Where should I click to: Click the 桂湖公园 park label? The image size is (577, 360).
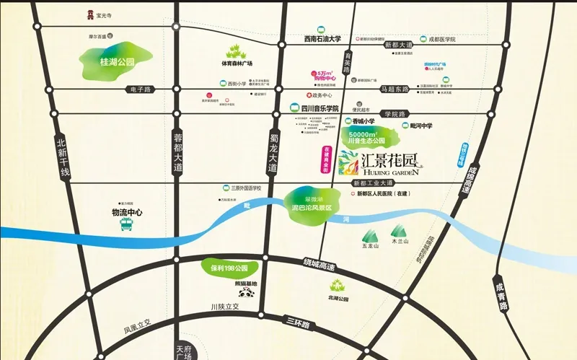pyautogui.click(x=113, y=63)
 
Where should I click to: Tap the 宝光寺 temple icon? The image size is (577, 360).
pyautogui.click(x=89, y=14)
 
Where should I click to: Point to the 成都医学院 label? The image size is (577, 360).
pyautogui.click(x=444, y=39)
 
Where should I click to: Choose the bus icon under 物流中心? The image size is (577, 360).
pyautogui.click(x=127, y=226)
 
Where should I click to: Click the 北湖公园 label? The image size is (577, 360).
pyautogui.click(x=338, y=299)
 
